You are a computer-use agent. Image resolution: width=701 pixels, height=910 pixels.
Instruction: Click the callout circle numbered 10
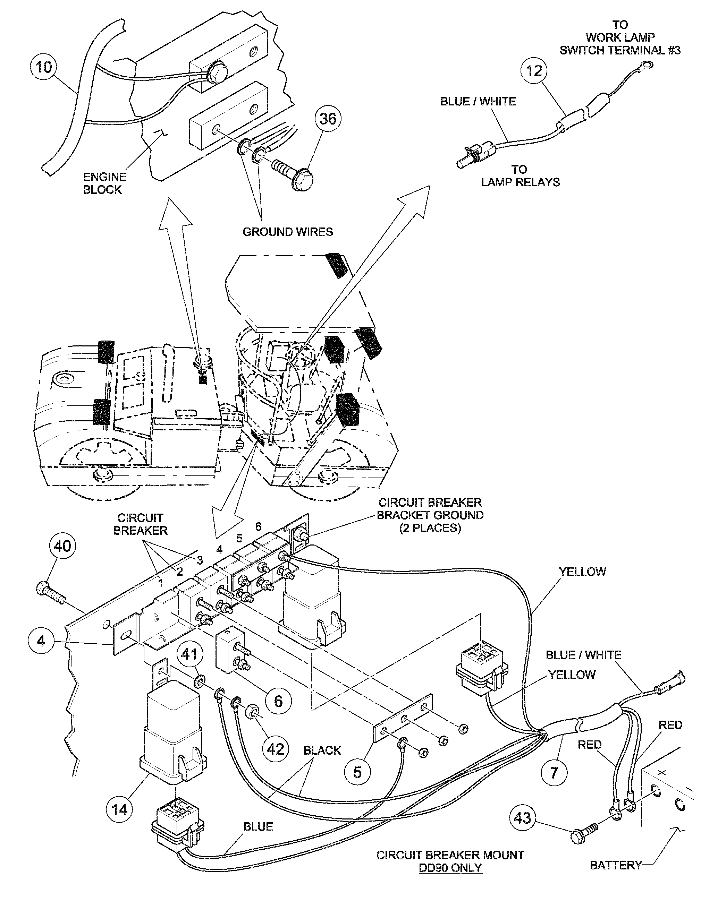coord(44,67)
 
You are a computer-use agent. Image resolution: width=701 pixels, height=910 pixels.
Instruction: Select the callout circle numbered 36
coord(328,119)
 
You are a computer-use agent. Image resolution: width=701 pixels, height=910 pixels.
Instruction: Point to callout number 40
coord(62,546)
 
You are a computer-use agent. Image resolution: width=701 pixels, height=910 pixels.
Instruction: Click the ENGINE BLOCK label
coord(104,183)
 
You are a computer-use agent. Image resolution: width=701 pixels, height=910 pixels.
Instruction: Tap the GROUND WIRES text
coord(288,232)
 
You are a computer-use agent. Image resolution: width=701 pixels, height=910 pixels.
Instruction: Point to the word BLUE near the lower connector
coord(258,826)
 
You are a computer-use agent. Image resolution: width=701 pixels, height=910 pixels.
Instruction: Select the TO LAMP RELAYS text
coord(520,176)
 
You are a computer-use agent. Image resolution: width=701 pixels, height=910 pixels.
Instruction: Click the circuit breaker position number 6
coord(258,527)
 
